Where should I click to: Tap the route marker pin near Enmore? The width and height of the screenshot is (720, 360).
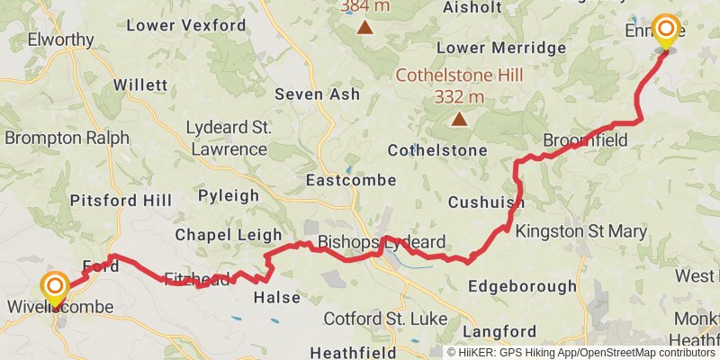[666, 31]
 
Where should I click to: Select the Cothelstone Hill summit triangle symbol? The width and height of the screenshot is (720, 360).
[460, 118]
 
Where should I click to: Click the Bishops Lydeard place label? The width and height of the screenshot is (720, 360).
[382, 242]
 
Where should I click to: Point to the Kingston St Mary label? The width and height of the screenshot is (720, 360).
[580, 231]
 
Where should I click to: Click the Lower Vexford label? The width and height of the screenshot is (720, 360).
[186, 25]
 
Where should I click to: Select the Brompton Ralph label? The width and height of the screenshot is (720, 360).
[67, 138]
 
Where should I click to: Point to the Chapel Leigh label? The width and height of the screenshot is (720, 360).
[229, 234]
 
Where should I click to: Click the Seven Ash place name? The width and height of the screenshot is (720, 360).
[317, 94]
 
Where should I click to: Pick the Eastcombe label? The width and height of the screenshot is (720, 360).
[351, 180]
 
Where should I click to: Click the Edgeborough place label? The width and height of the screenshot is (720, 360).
[523, 286]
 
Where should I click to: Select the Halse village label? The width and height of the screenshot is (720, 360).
[277, 297]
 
